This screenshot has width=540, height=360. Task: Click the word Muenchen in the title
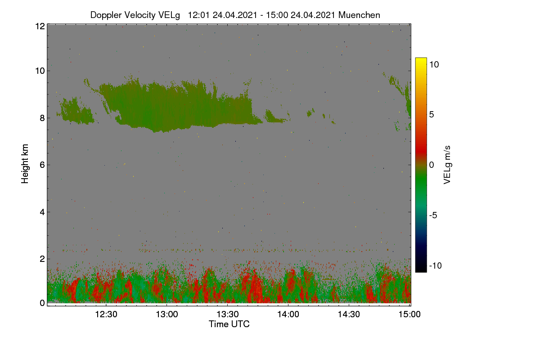(359, 15)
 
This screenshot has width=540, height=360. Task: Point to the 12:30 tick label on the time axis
(106, 314)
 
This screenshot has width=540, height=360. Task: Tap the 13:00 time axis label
(167, 314)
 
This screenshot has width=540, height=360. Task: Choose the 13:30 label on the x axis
(228, 314)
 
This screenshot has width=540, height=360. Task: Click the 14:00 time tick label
(288, 314)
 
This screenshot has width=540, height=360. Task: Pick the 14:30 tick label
(349, 314)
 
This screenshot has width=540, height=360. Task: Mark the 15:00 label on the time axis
(409, 314)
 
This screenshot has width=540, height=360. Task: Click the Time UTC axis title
(229, 324)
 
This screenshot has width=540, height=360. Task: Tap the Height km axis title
(25, 164)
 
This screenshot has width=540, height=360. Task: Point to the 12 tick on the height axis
(40, 26)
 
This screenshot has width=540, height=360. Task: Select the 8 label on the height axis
(42, 118)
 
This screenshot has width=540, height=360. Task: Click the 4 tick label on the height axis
(42, 212)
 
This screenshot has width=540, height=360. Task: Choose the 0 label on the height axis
(42, 303)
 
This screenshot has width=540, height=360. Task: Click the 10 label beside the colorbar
(434, 64)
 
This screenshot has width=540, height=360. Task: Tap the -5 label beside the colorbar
(433, 215)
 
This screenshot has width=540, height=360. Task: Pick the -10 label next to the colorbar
(436, 265)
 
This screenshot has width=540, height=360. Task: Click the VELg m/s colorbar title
(447, 165)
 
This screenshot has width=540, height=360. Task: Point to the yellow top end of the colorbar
(421, 59)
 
